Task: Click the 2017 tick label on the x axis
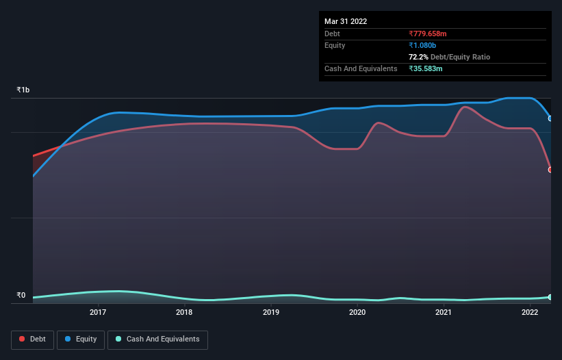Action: click(x=98, y=313)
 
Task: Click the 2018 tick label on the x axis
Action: click(x=184, y=313)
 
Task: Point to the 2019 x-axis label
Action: click(x=271, y=313)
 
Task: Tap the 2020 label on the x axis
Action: click(x=357, y=313)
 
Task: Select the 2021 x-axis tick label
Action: click(x=444, y=313)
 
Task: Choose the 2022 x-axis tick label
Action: click(x=530, y=313)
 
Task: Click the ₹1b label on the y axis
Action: click(x=23, y=90)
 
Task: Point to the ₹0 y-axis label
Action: click(x=21, y=296)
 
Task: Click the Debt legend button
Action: click(x=32, y=339)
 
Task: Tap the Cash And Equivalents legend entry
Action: click(x=157, y=339)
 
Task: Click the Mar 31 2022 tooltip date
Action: click(x=346, y=21)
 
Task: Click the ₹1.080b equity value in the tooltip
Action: click(x=422, y=45)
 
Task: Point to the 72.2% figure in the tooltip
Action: click(x=419, y=57)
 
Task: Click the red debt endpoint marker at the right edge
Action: click(x=550, y=170)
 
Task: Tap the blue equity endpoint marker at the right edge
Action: click(x=550, y=118)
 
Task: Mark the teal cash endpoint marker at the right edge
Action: click(x=550, y=297)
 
